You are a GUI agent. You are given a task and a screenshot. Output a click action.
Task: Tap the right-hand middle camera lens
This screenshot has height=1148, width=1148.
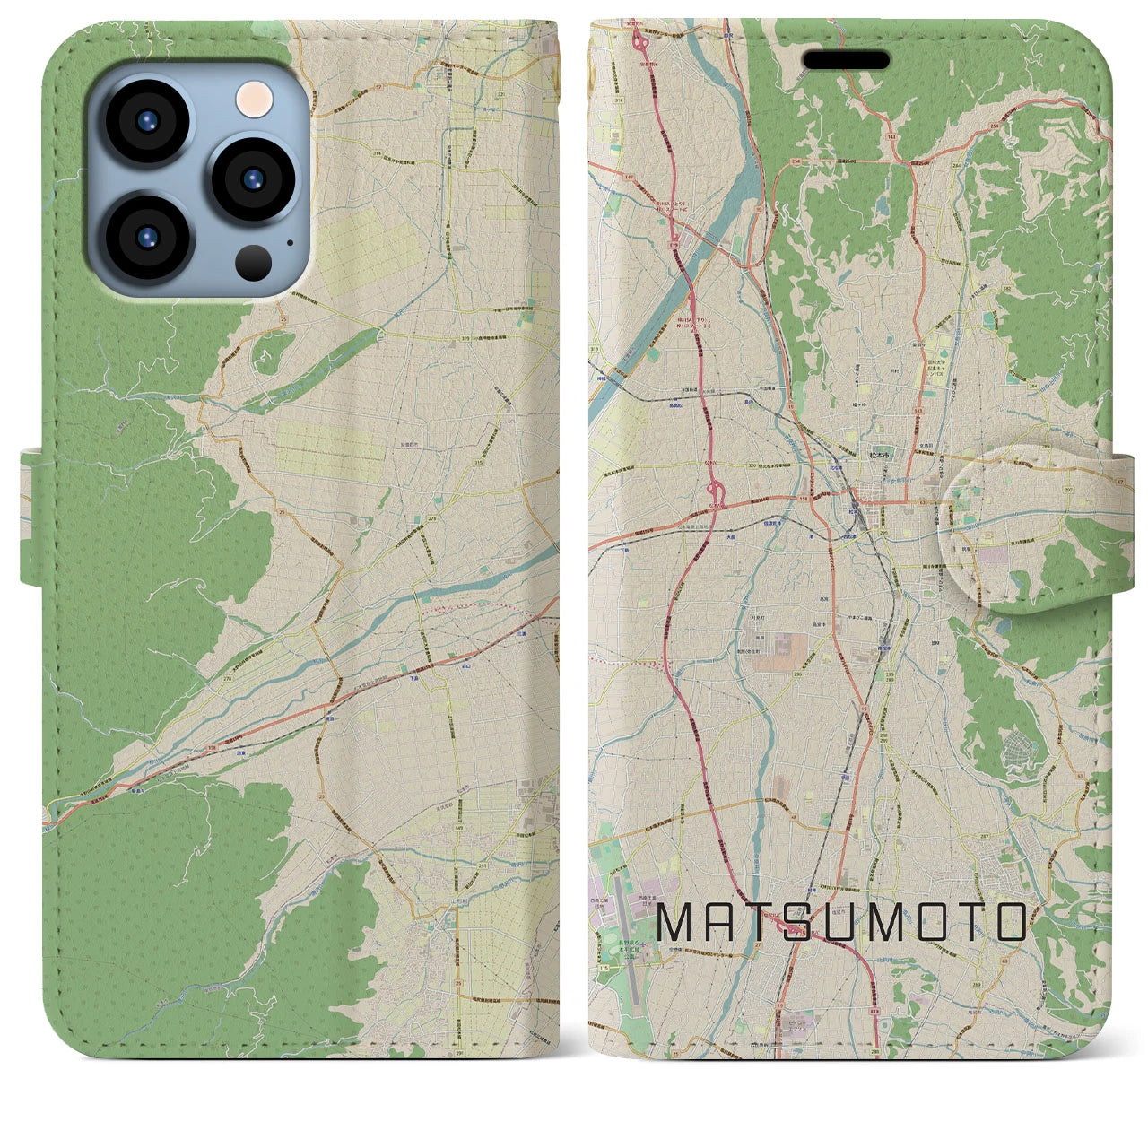coord(251,179)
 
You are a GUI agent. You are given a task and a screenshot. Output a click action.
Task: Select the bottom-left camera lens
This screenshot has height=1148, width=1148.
coord(146,238)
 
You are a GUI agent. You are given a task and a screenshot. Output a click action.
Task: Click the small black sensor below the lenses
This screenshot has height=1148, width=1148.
coord(254,263)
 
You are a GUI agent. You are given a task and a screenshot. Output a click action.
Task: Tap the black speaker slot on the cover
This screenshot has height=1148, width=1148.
coord(847,60)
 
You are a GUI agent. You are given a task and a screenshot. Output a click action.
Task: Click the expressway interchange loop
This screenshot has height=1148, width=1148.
coord(717,491)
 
